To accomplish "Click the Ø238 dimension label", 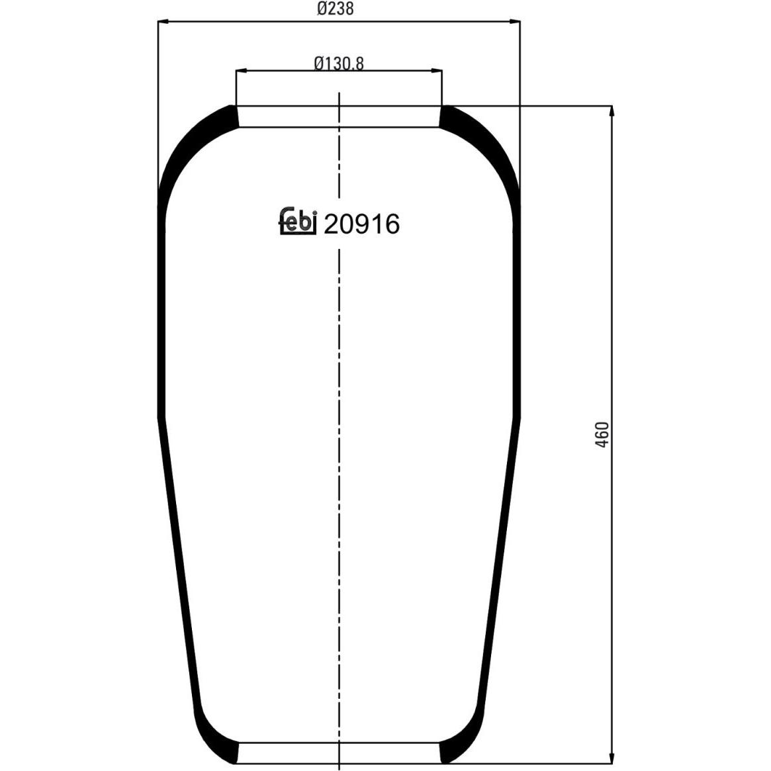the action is click(336, 9).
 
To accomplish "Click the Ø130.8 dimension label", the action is click(339, 63).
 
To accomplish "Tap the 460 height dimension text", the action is click(602, 434).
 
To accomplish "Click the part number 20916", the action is click(361, 225).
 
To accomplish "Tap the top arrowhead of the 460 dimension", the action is click(612, 111).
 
